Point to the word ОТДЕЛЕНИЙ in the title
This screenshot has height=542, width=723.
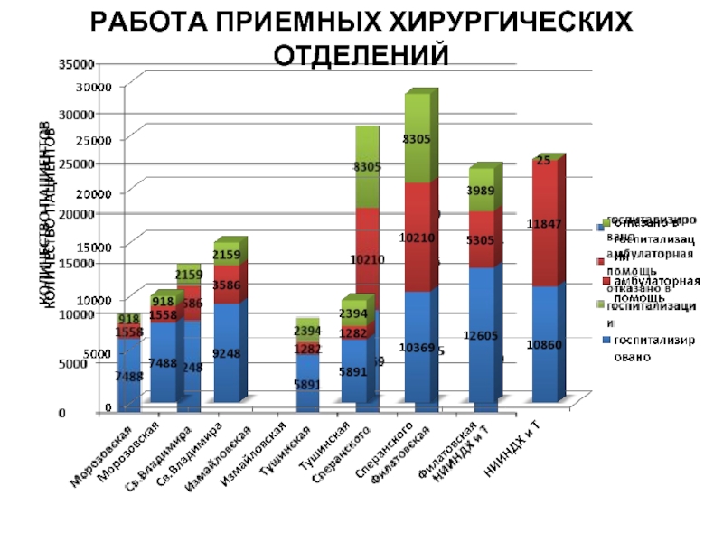coord(361,54)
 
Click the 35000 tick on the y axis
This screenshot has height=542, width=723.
coord(77,64)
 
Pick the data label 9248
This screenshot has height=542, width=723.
coord(227,354)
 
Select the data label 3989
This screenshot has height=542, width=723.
coord(481,192)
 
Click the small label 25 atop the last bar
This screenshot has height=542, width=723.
coord(542,162)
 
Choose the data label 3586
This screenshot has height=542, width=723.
coord(227,285)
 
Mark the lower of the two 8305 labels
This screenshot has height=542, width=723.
coord(367,167)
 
